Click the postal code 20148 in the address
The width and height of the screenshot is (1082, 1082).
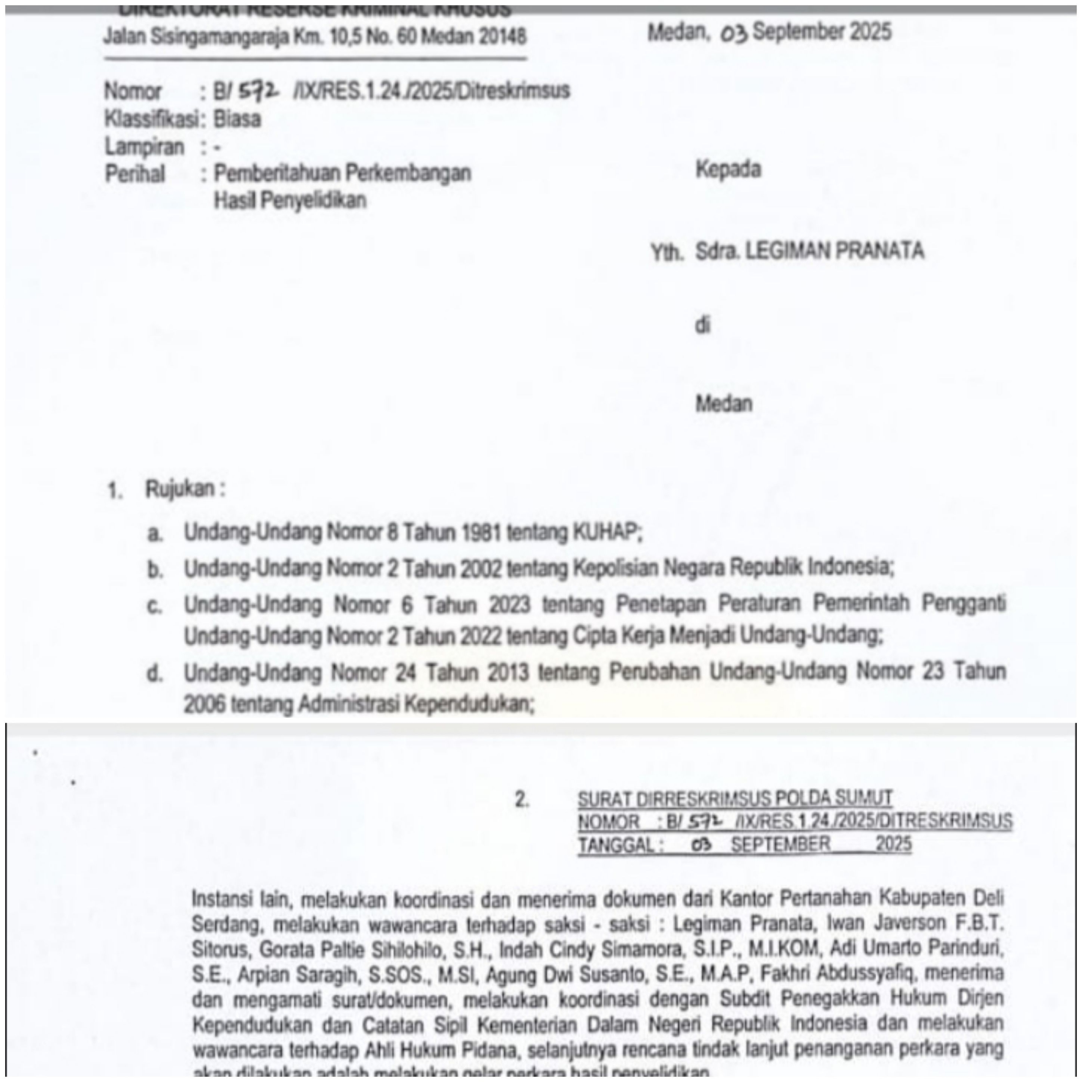point(503,37)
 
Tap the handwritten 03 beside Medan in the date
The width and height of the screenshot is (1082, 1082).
point(734,35)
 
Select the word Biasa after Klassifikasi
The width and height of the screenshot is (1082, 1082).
point(238,119)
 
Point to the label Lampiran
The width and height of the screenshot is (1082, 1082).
point(145,147)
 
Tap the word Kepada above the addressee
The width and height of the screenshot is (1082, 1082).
point(728,169)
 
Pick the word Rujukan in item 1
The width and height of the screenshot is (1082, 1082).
point(180,489)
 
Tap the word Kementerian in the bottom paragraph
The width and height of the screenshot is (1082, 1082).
point(527,1025)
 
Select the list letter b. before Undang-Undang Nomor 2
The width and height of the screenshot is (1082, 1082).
point(155,570)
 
